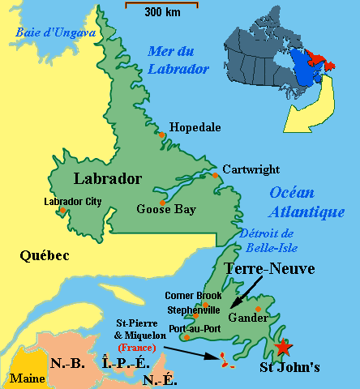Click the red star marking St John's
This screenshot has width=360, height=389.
point(282,348)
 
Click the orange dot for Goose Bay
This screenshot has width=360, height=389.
point(163,202)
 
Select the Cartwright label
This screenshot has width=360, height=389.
point(251,169)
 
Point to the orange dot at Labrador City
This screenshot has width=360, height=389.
point(62,212)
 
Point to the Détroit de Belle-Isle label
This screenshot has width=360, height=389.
point(266,240)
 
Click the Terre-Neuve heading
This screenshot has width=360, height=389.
point(268,268)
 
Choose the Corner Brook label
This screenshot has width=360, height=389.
point(192,296)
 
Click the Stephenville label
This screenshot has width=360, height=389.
point(192,309)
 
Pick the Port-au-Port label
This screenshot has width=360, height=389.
point(191,327)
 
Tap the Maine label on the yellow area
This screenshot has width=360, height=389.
point(27,378)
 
